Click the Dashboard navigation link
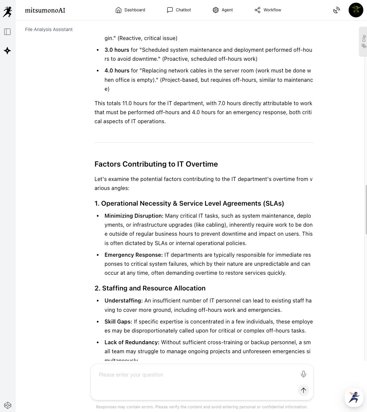tap(130, 10)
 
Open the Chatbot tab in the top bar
tap(179, 10)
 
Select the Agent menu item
tap(223, 10)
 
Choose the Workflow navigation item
tap(268, 10)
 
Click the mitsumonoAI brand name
tap(45, 10)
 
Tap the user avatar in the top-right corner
tap(356, 10)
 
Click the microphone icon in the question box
tap(303, 374)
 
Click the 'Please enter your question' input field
tap(194, 375)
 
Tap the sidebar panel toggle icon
tap(7, 32)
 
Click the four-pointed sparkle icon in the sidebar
tap(7, 51)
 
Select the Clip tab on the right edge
tap(363, 42)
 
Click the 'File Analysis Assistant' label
tap(49, 29)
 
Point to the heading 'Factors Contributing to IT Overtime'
tap(156, 164)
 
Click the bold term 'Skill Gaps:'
tap(118, 322)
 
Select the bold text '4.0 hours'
tap(117, 70)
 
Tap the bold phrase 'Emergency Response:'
tap(134, 255)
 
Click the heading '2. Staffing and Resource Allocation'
tap(150, 288)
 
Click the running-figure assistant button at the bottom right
tap(354, 398)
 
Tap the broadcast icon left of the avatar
tap(337, 10)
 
